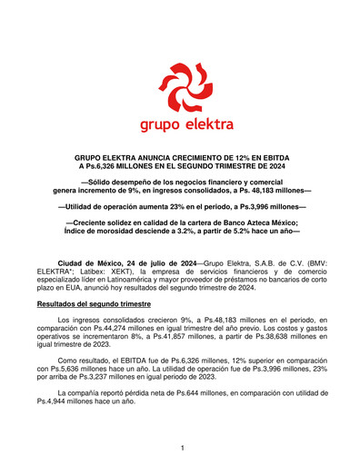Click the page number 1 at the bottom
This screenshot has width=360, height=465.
pos(182,448)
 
